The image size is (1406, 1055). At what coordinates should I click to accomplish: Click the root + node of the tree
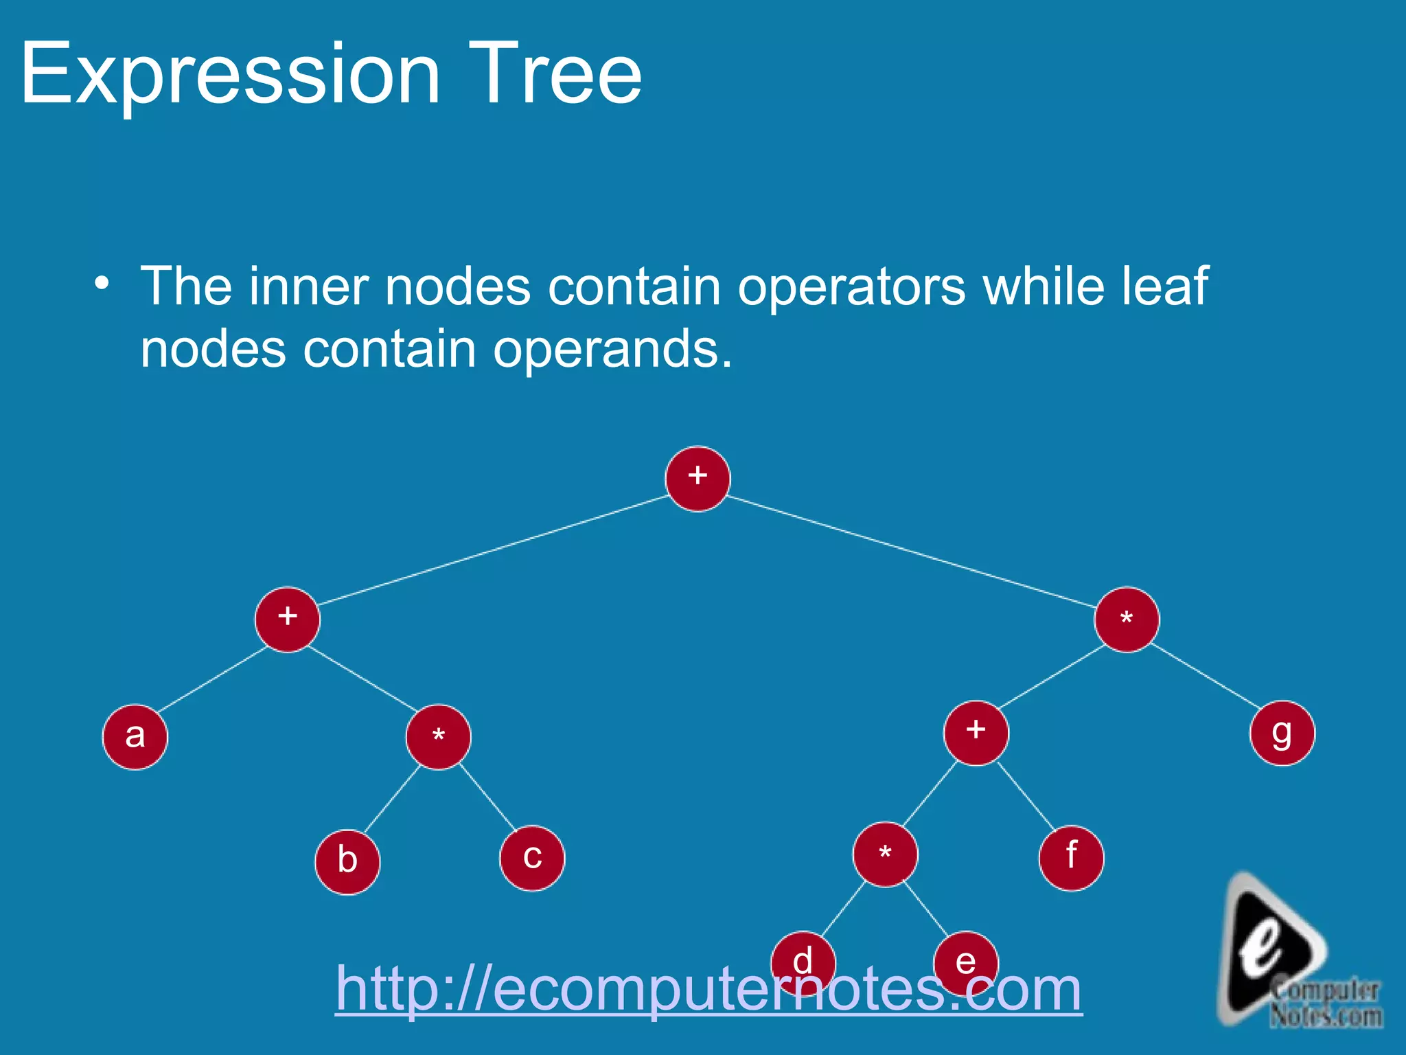coord(698,479)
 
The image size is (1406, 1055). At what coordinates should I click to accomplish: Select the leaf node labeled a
coord(135,737)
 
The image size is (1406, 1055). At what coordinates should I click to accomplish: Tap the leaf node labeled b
coord(347,862)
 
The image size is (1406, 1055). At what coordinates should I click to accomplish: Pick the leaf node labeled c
coord(532,859)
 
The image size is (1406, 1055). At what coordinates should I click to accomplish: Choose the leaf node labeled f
coord(1071,859)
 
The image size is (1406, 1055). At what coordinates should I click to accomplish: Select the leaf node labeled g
coord(1282,734)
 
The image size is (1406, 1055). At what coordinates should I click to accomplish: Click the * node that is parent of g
coord(1127,620)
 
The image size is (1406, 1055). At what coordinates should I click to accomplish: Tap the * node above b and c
coord(439,737)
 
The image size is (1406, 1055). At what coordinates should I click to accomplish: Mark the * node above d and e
coord(885,854)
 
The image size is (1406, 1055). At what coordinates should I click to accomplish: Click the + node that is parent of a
coord(288,620)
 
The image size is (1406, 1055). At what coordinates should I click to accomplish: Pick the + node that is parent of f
coord(976,733)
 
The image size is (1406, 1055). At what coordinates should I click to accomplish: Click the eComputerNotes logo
coord(1291,955)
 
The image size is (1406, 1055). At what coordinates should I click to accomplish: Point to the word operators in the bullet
coord(851,287)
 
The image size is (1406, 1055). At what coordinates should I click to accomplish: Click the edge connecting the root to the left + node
coord(493,549)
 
